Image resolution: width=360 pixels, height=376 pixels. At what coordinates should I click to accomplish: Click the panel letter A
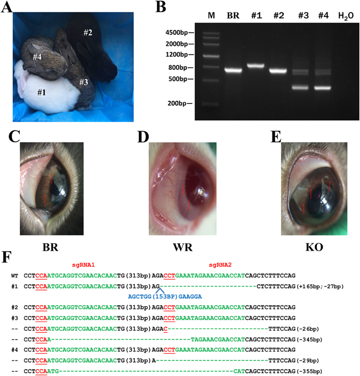[x=7, y=7]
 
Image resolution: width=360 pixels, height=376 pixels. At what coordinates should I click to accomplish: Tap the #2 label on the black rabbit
[x=89, y=33]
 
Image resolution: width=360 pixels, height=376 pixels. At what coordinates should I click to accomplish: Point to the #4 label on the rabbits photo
[x=37, y=56]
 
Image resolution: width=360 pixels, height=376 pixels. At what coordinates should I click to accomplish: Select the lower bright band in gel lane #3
[x=300, y=87]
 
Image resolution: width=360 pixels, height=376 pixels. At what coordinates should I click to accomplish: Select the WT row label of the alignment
[x=15, y=278]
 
